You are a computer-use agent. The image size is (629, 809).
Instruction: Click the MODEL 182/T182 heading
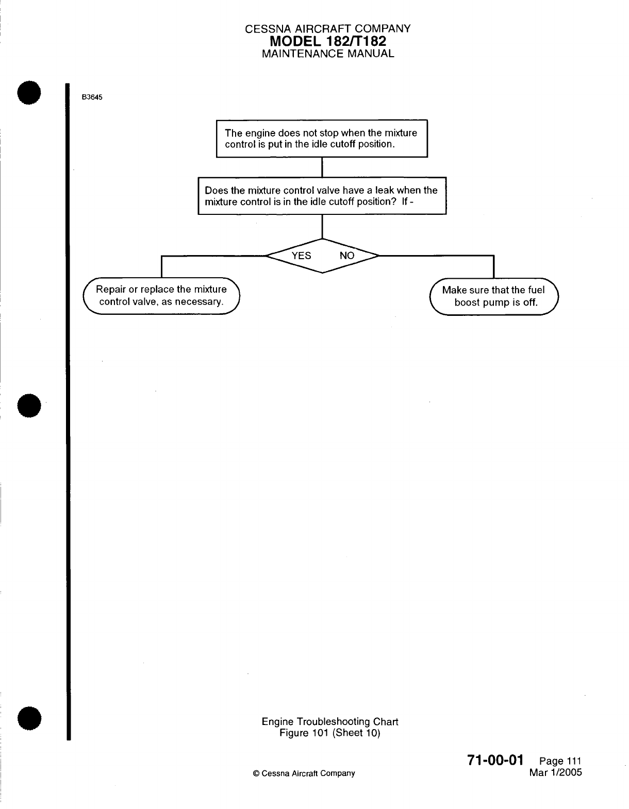pos(328,41)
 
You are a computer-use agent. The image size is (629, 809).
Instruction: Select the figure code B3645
pos(91,98)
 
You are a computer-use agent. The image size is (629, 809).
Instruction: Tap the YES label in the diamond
pos(301,256)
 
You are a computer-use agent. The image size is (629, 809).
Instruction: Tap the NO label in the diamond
pos(347,256)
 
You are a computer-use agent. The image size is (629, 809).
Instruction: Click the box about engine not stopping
pos(321,138)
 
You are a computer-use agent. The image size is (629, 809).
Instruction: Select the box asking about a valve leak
pos(322,195)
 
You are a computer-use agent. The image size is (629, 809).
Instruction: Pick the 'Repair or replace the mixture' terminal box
pos(161,295)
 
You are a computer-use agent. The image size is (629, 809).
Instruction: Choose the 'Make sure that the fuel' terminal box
pos(494,296)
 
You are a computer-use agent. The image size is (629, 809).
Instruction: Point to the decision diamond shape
pos(322,256)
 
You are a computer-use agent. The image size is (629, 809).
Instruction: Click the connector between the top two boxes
pos(322,166)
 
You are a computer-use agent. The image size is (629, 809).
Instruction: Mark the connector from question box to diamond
pos(322,226)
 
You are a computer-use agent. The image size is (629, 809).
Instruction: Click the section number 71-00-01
pos(495,760)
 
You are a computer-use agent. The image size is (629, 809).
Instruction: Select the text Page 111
pos(560,762)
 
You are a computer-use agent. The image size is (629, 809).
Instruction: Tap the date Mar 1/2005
pos(555,773)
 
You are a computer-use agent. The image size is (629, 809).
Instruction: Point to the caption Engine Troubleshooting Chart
pos(329,722)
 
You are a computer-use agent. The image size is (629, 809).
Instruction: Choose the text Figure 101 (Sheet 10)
pos(329,733)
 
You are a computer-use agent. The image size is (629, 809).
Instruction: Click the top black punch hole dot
pos(29,93)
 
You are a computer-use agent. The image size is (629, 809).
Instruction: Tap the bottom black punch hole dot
pos(29,718)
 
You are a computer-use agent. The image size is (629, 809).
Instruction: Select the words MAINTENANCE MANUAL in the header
pos(328,54)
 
